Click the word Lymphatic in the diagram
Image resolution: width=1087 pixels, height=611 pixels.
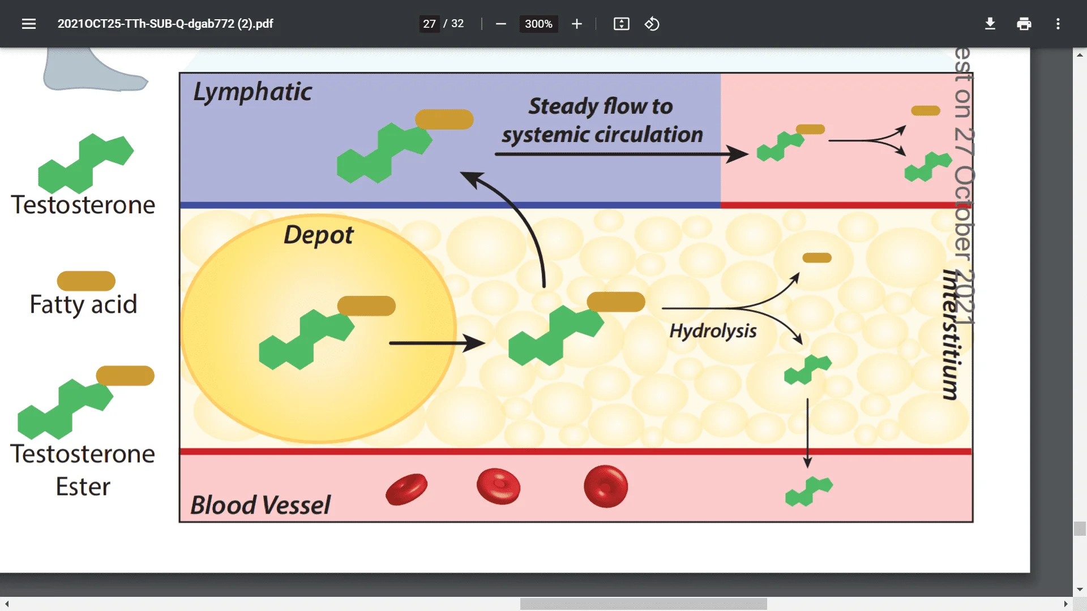click(x=253, y=92)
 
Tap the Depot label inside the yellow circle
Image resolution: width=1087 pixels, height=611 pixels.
click(x=318, y=235)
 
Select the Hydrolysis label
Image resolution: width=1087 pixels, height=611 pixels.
click(x=713, y=330)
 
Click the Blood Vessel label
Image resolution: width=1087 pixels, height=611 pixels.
click(x=260, y=505)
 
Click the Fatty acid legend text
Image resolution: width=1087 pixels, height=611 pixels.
click(x=83, y=304)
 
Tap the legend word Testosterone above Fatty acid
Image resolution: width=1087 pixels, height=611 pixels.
click(x=83, y=205)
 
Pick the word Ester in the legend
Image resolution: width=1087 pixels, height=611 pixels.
click(x=83, y=487)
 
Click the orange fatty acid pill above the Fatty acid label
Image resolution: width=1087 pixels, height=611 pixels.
click(x=86, y=281)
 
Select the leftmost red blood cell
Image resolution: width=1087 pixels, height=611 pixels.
click(x=406, y=489)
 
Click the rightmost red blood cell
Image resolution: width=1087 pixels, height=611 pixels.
click(x=606, y=487)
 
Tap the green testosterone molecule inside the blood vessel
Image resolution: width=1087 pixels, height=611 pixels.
click(x=809, y=491)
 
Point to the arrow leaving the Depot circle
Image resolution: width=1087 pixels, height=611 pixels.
click(x=436, y=343)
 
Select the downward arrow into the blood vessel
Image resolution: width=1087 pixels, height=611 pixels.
click(x=808, y=433)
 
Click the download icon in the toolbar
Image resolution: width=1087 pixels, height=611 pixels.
click(x=990, y=24)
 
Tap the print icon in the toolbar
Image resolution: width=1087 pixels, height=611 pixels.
click(x=1024, y=24)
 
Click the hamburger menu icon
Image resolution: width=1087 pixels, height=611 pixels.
click(x=29, y=24)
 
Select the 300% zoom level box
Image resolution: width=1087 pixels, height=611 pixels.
click(x=538, y=24)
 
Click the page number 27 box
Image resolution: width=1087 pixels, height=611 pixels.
click(x=429, y=24)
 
